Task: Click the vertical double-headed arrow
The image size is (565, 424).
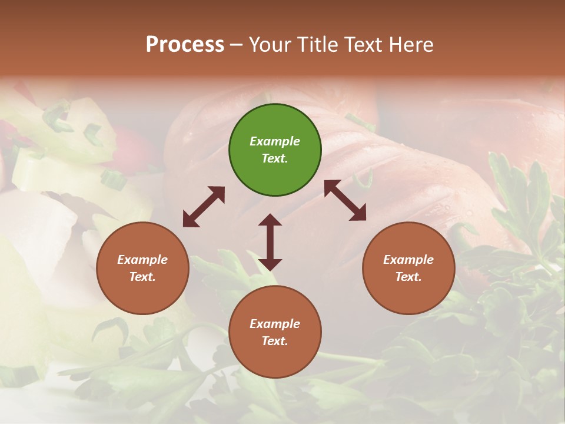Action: coord(270,242)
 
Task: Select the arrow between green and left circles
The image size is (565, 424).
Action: coord(204,207)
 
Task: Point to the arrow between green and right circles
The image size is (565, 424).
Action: coord(345,200)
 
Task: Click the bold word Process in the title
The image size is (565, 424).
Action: coord(185,45)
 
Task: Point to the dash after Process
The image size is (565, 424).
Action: coord(236,45)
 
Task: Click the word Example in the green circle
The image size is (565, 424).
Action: coord(275,141)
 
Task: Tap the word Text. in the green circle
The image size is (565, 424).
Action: coord(275,158)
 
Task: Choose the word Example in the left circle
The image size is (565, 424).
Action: coord(142,260)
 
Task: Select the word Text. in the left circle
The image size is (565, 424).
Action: coord(142,277)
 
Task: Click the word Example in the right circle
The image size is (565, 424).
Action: coord(408,260)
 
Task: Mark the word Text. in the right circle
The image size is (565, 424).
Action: coord(408,277)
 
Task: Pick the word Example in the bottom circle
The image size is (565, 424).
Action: coord(275,324)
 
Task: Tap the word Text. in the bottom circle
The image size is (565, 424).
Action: coord(275,341)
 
